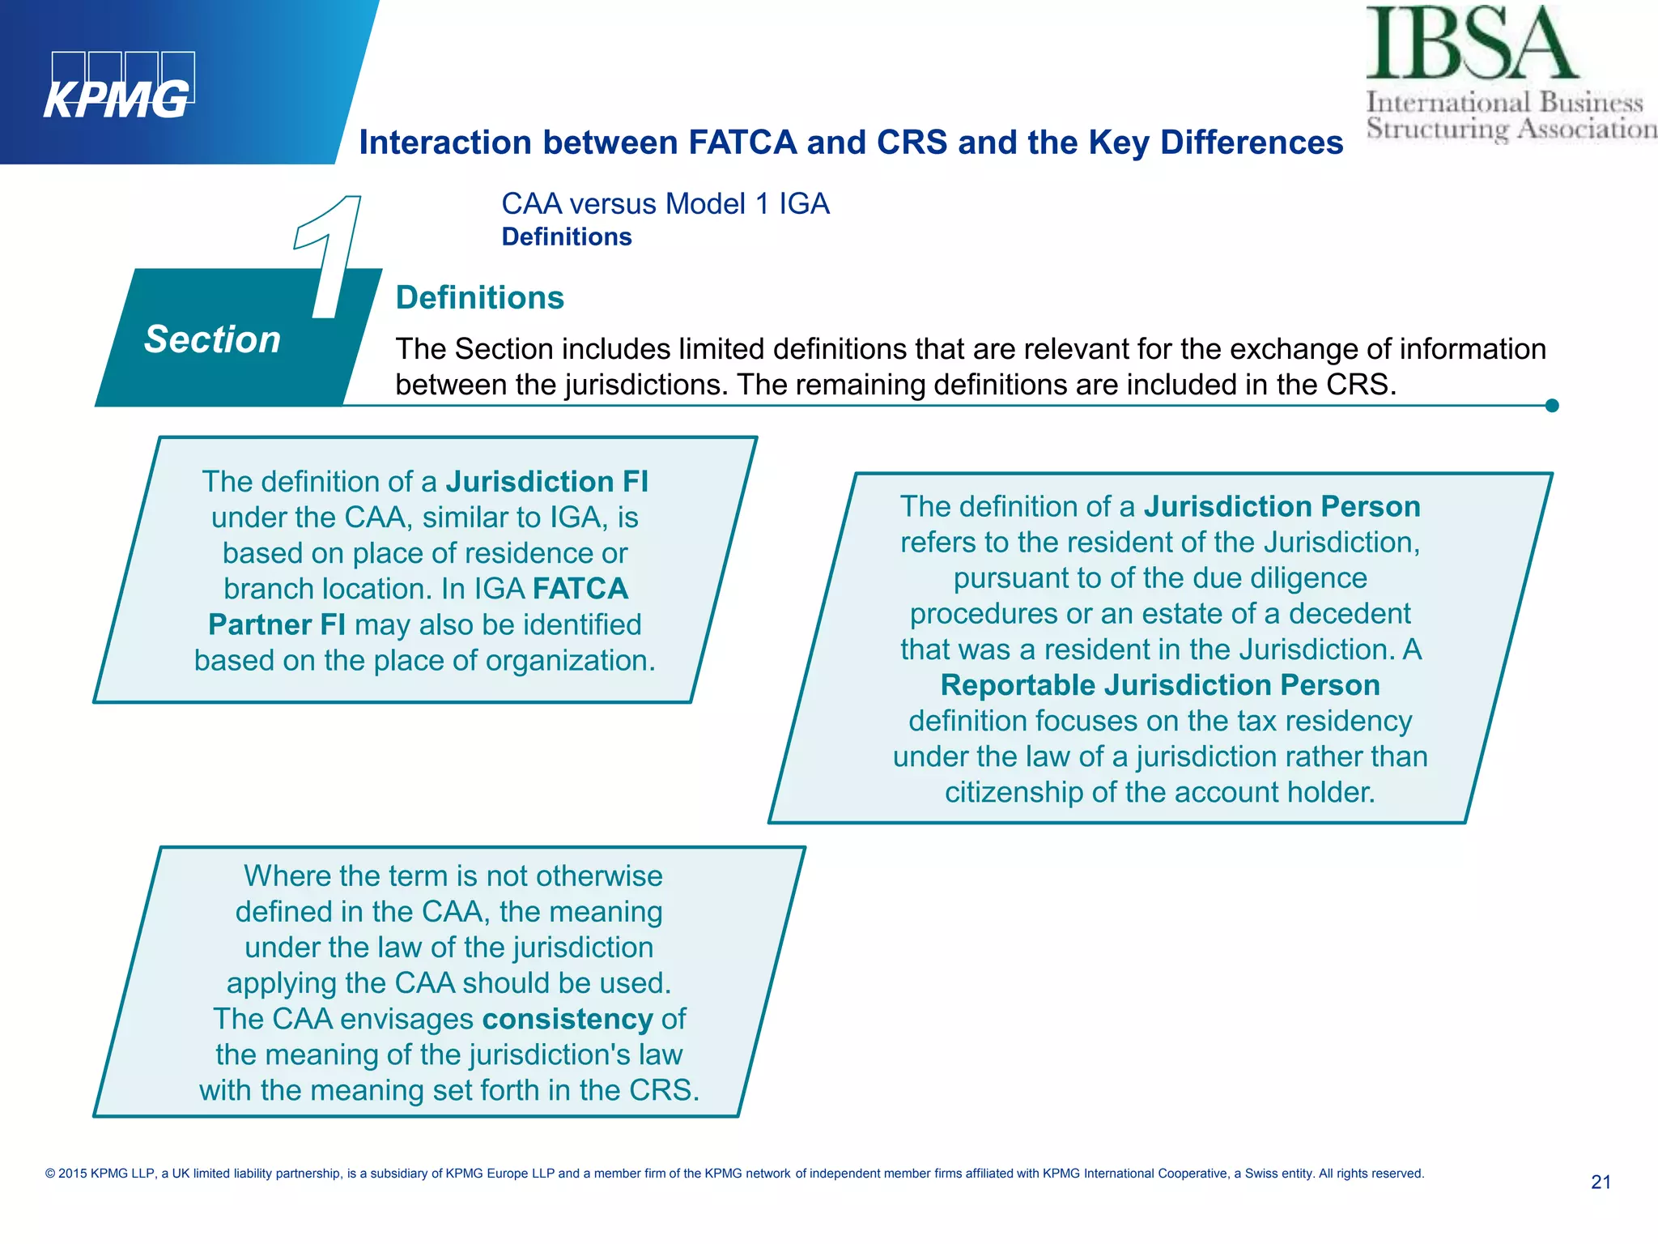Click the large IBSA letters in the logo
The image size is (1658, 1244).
1471,45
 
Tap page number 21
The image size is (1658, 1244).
1601,1182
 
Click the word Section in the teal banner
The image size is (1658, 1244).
212,339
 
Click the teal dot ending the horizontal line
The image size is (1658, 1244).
1551,406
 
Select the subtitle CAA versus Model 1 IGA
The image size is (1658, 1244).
665,203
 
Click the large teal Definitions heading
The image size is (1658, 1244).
479,297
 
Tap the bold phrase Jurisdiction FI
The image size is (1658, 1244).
546,481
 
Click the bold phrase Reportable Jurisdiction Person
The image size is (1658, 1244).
1159,685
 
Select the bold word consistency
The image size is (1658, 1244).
567,1019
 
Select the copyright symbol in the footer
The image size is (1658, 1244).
50,1174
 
